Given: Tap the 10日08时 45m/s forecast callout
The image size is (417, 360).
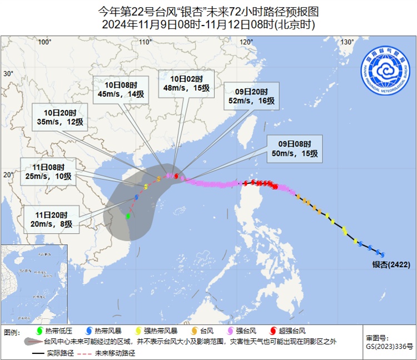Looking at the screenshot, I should tap(121, 89).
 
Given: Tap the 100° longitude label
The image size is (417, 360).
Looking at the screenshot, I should tap(44, 42).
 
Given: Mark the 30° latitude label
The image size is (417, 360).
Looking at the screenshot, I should tap(8, 73).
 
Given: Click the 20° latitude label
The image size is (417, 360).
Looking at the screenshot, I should tap(8, 175).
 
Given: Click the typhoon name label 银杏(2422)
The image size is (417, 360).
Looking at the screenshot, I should tap(391, 264).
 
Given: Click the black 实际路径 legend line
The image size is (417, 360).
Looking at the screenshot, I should tap(38, 353).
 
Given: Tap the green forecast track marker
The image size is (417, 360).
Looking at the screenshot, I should tap(128, 216).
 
